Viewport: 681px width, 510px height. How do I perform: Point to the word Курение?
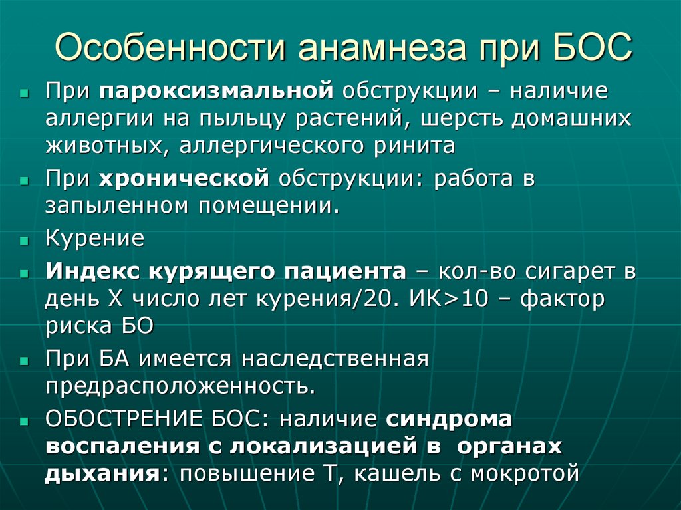[94, 238]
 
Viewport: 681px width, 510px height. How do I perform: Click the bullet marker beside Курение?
[24, 241]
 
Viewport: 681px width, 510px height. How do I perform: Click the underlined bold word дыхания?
[96, 473]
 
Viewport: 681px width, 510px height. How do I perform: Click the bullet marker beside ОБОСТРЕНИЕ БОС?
[24, 422]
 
